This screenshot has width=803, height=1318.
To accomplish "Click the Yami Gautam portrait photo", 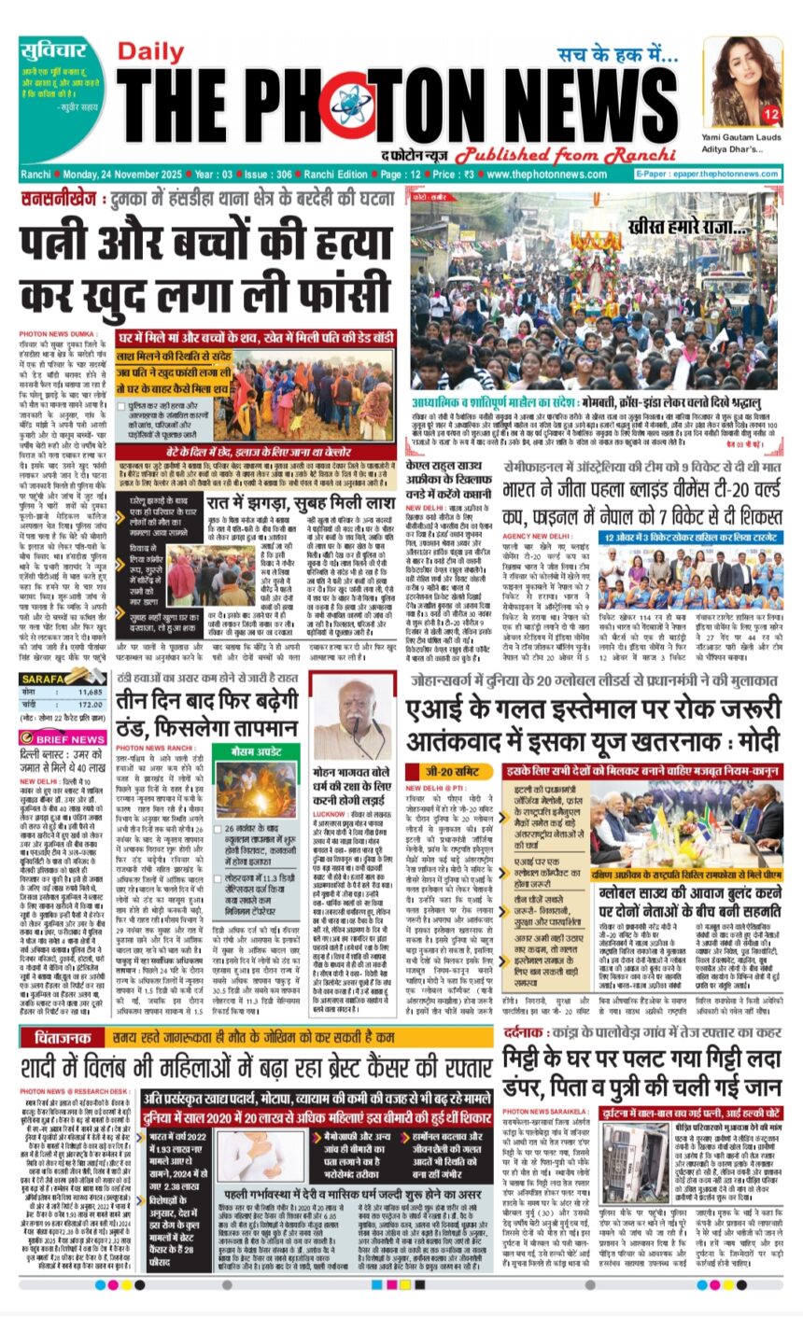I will click(742, 81).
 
